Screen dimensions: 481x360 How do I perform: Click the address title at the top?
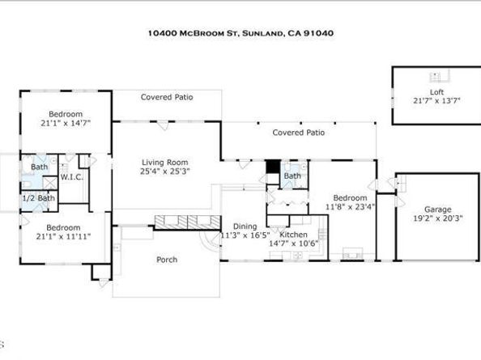coord(240,33)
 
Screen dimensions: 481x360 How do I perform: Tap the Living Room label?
coord(165,163)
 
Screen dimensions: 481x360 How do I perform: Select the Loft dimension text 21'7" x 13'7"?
coord(436,100)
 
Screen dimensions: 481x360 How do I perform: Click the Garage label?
coord(438,210)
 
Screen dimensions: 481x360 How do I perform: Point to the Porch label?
coord(167,260)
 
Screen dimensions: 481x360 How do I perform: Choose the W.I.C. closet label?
coord(72,177)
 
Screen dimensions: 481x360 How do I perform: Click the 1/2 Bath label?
coord(39,198)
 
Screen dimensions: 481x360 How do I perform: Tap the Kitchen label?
coord(293,235)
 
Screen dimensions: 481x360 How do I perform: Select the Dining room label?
coord(245,227)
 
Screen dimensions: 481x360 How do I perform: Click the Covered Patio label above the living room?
coord(167,97)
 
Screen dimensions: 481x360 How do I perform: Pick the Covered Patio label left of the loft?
coord(299,133)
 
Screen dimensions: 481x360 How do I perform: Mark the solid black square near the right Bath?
coord(273,167)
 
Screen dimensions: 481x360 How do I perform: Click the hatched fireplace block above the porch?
coord(187,222)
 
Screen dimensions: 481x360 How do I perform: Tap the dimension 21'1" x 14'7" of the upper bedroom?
coord(66,124)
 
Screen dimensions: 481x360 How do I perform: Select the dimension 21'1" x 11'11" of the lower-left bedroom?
coord(63,236)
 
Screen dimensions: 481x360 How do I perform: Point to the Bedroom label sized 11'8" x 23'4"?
coord(350,198)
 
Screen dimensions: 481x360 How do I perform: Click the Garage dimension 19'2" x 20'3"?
coord(438,218)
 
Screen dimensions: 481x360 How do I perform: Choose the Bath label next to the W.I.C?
coord(39,167)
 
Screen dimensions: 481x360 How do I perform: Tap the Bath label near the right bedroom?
coord(292,176)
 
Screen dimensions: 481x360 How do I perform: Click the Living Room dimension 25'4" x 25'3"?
coord(165,172)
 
